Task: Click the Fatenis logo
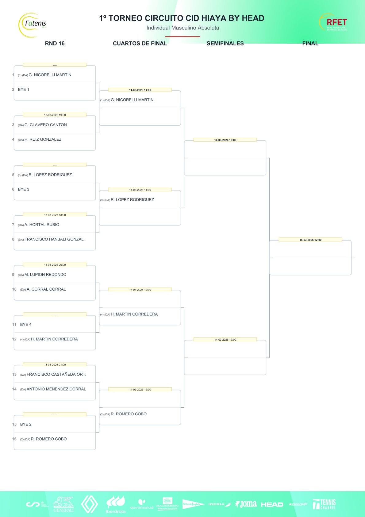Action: pos(33,25)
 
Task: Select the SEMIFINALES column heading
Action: pos(225,43)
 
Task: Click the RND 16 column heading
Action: pos(55,43)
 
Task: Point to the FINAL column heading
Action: pos(310,43)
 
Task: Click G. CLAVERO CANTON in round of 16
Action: pos(45,125)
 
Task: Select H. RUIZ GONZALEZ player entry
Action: pos(43,139)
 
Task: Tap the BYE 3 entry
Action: pos(24,189)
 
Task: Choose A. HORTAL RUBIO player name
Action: pos(42,225)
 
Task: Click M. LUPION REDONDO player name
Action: pos(45,275)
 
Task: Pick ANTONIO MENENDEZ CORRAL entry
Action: pos(56,389)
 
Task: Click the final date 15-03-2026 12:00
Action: pos(310,240)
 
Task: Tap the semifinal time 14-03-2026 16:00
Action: pos(225,140)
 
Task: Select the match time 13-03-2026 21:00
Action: pos(55,365)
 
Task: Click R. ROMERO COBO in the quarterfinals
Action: pos(129,414)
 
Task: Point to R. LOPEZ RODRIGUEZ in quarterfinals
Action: pos(132,200)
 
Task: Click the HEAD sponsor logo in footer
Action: pos(272,504)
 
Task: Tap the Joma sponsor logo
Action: pos(246,504)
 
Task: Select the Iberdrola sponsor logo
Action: pos(116,504)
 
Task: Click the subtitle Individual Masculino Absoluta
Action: pos(182,28)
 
